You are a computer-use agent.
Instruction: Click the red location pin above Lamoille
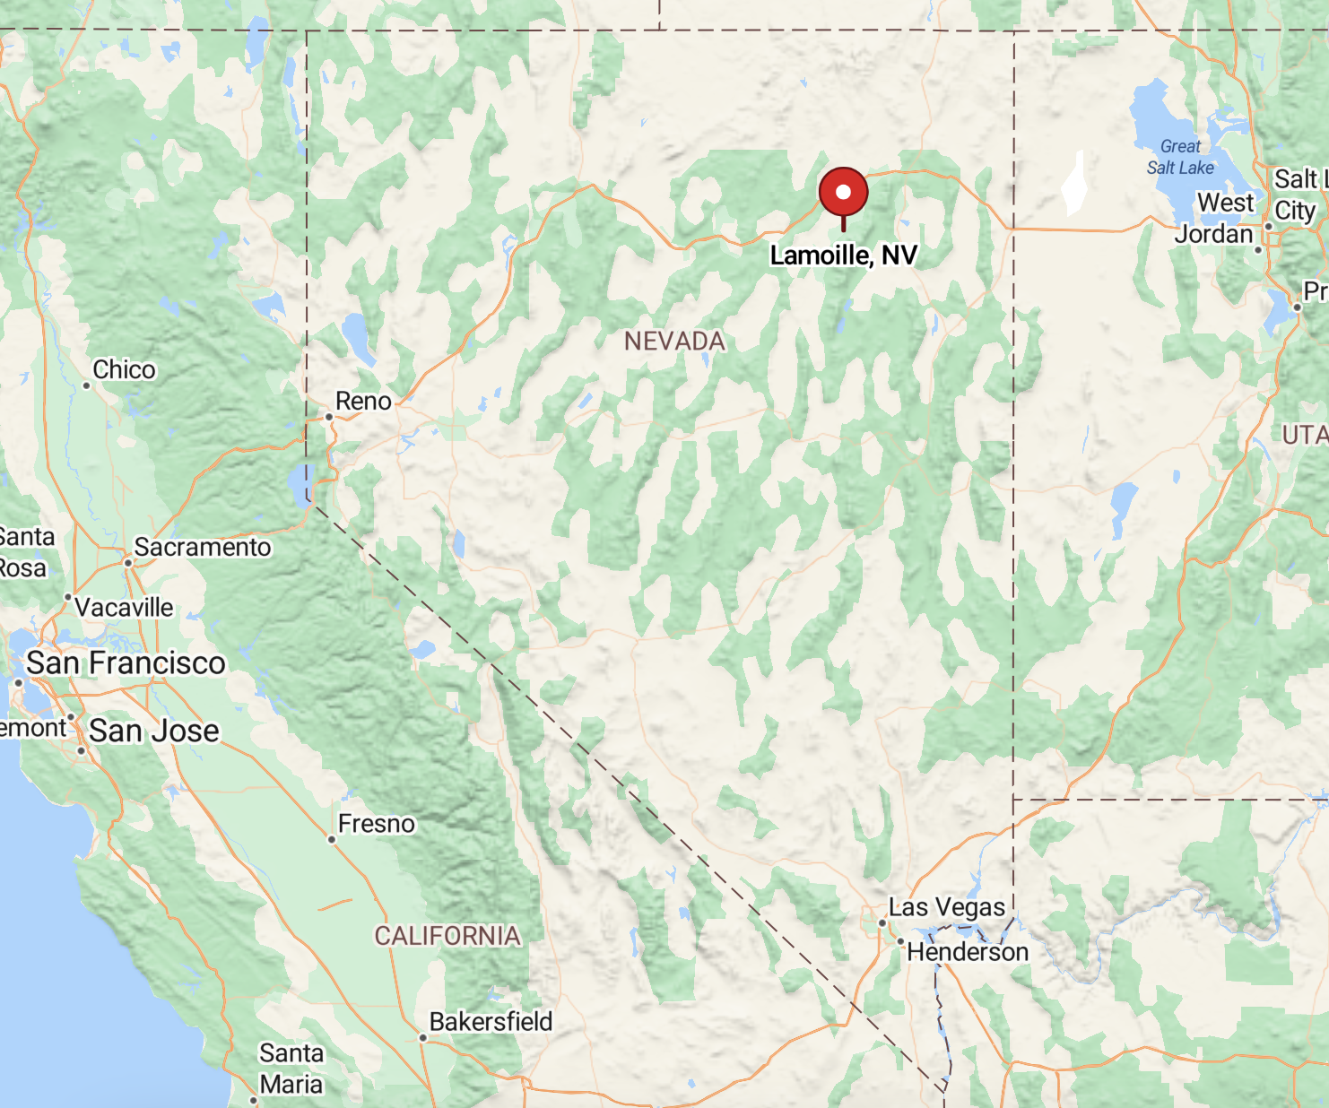click(x=843, y=192)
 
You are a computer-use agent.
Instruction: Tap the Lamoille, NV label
click(x=843, y=255)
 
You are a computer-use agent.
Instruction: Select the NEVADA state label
click(x=674, y=342)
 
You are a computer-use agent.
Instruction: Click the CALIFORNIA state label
click(x=447, y=936)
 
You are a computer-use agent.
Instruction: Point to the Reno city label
click(x=363, y=402)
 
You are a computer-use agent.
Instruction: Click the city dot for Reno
click(x=329, y=417)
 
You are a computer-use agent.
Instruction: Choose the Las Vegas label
click(x=947, y=907)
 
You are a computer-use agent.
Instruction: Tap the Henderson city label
click(x=968, y=952)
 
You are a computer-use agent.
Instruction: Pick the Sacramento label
click(x=202, y=547)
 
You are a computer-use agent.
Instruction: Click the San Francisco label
click(x=126, y=663)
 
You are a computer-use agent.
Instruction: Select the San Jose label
click(x=153, y=731)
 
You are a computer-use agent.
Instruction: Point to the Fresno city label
click(x=377, y=824)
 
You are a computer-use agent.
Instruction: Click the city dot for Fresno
click(x=332, y=840)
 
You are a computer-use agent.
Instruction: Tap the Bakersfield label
click(x=491, y=1022)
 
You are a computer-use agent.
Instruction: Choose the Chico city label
click(x=124, y=370)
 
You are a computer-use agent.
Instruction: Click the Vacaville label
click(x=124, y=608)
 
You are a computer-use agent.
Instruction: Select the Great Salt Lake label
click(x=1180, y=157)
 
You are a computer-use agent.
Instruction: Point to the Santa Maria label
click(x=291, y=1069)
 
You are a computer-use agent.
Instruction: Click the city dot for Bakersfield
click(x=422, y=1038)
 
